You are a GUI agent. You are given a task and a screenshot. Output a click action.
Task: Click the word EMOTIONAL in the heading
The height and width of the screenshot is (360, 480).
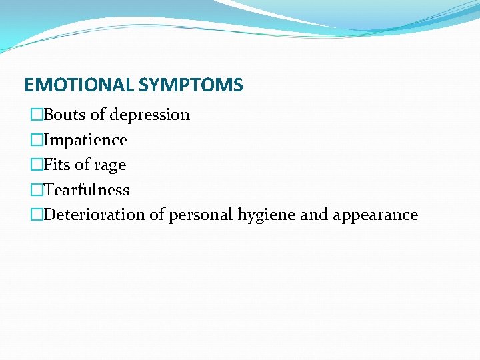(x=79, y=85)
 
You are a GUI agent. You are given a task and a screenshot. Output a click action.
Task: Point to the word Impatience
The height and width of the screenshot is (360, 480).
(x=85, y=140)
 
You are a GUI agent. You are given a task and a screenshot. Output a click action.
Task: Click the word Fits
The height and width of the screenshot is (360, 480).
(x=57, y=165)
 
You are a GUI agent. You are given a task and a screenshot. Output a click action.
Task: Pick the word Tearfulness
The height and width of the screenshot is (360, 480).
(x=87, y=190)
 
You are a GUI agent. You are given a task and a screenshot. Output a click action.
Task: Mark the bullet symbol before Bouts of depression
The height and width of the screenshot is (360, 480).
(x=37, y=115)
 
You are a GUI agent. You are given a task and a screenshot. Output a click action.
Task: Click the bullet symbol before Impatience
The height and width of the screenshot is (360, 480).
(x=37, y=141)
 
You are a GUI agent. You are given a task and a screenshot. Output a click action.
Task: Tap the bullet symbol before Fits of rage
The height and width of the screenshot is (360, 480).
(x=37, y=165)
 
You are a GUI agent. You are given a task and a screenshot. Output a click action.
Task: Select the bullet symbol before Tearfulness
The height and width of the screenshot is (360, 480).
(x=37, y=191)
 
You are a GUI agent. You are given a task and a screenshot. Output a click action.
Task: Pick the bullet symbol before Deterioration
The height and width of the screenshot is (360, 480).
(x=37, y=215)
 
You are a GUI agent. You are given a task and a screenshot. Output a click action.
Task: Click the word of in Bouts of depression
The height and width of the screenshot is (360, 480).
(x=97, y=115)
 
